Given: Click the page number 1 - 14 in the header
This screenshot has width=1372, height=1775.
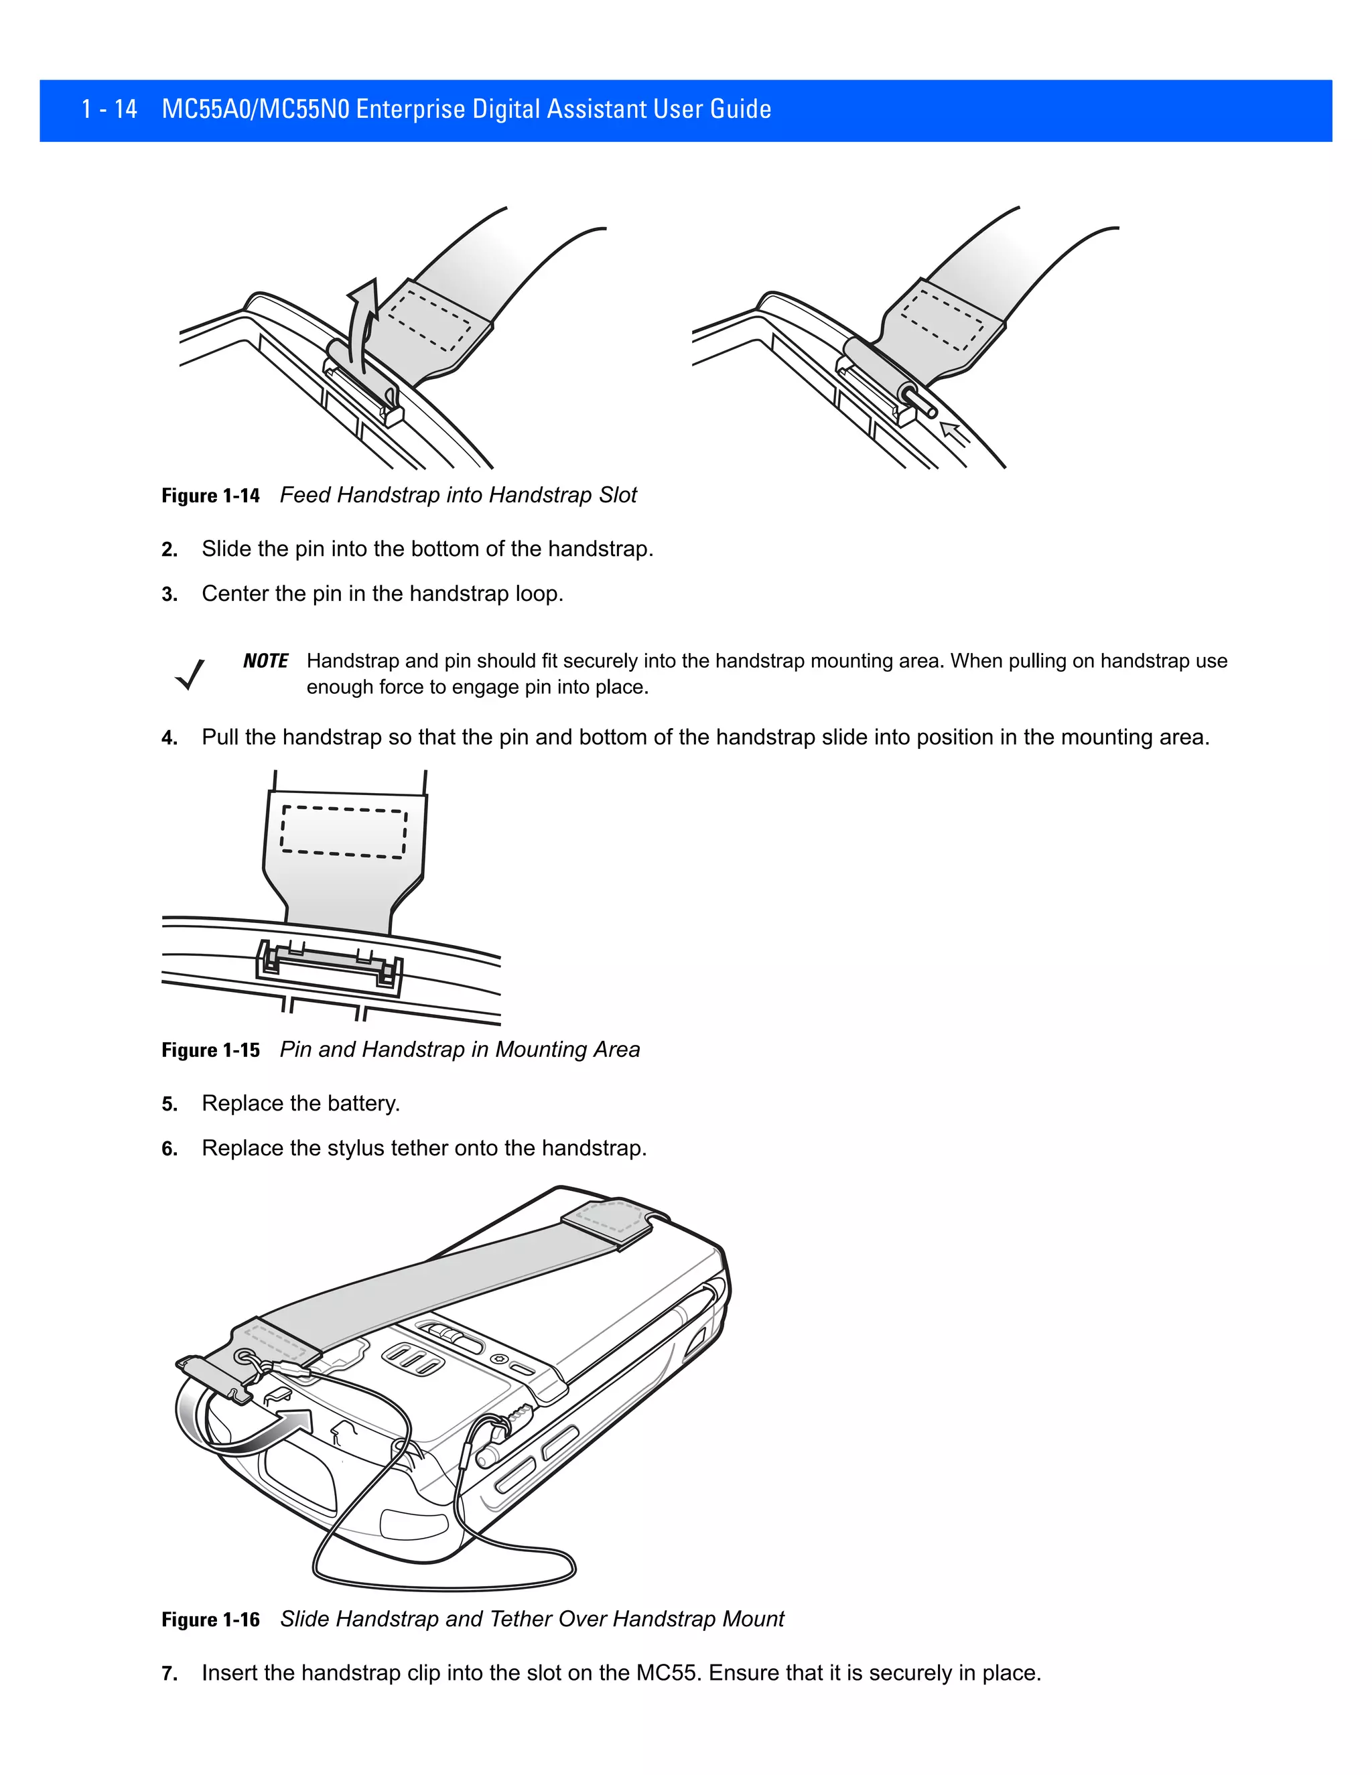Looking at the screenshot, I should coord(109,109).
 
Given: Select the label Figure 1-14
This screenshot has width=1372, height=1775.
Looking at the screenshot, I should coord(210,496).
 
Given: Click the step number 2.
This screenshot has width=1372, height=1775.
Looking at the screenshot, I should coord(169,550).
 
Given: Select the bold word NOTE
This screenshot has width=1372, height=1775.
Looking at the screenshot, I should coord(266,660).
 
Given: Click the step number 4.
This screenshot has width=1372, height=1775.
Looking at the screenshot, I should coord(169,738).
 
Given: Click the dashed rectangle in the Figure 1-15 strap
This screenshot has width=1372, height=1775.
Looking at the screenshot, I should coord(344,831).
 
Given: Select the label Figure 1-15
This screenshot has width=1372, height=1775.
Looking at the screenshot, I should coord(210,1050).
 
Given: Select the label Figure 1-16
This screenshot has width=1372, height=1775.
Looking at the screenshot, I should coord(210,1620).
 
